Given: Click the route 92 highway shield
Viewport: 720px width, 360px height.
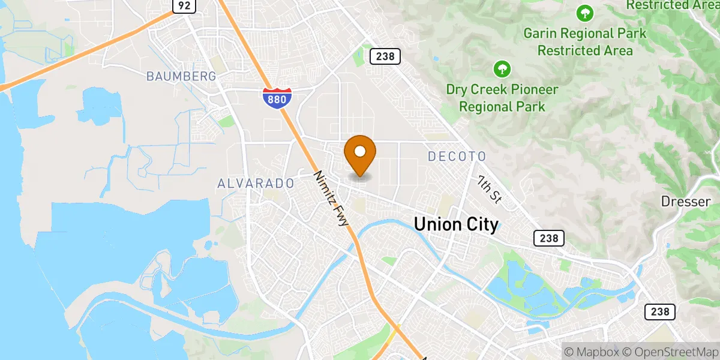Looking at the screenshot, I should [184, 6].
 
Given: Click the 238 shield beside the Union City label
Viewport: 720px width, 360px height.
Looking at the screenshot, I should [548, 238].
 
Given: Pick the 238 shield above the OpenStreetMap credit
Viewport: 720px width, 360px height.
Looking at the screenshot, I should [660, 312].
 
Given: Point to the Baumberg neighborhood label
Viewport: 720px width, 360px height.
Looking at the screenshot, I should [181, 76].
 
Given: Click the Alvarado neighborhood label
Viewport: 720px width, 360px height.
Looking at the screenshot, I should [256, 183].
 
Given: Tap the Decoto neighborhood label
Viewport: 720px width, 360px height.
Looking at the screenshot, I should [457, 157].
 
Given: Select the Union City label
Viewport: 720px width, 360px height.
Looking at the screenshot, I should [456, 225].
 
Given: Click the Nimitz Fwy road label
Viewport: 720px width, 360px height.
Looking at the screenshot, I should [331, 199].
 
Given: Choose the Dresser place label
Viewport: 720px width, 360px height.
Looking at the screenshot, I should [686, 202].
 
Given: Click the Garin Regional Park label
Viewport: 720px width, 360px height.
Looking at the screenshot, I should [585, 41].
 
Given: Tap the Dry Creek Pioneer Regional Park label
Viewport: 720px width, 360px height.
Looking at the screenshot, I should [502, 98].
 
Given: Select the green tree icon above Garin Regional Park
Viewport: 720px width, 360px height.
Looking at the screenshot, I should [584, 12].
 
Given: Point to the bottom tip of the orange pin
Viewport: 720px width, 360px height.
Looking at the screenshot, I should [360, 175].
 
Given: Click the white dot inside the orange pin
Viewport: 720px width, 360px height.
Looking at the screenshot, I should [360, 151].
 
